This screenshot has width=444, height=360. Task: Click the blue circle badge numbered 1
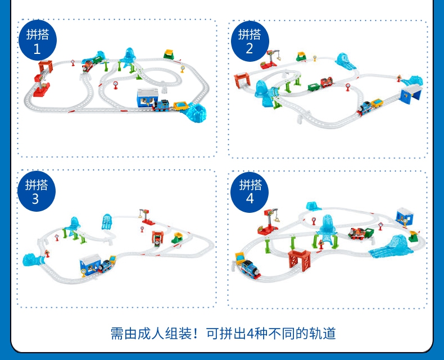(x=38, y=42)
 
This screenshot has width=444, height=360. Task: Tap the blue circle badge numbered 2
(x=250, y=42)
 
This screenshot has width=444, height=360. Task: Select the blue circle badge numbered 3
(x=37, y=191)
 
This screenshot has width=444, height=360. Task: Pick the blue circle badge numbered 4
(x=250, y=191)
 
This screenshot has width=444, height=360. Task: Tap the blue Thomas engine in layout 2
(x=365, y=106)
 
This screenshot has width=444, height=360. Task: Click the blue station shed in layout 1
(x=148, y=97)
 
